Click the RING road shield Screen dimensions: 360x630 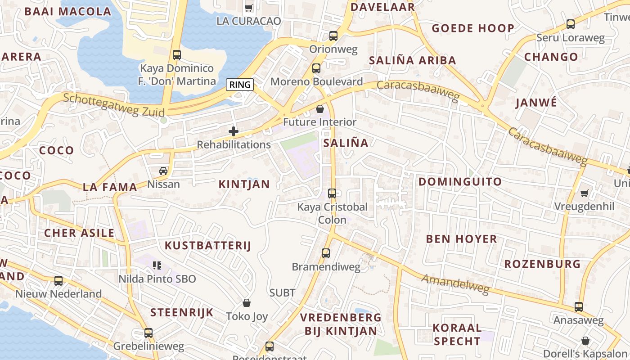240,85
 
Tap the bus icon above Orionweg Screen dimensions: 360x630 333,36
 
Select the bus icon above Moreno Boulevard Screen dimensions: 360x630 316,68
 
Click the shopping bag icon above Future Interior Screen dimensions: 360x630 320,109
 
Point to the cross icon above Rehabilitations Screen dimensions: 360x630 234,131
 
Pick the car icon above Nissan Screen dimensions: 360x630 163,171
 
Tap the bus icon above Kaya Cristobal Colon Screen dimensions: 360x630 332,193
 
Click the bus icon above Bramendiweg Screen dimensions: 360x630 326,253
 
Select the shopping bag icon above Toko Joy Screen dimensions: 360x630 247,303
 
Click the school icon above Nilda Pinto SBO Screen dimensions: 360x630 157,265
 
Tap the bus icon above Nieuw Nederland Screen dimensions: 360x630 58,281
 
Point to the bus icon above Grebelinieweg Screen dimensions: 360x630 148,333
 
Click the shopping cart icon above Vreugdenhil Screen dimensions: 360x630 584,193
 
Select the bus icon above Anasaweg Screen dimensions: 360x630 579,307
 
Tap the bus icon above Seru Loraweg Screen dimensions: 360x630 571,24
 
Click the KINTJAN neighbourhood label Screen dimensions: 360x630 244,184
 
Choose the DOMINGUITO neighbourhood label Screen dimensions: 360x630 460,182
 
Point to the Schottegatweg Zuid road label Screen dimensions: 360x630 114,104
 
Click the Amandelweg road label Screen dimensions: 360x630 455,284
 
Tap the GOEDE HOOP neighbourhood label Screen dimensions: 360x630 473,28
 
